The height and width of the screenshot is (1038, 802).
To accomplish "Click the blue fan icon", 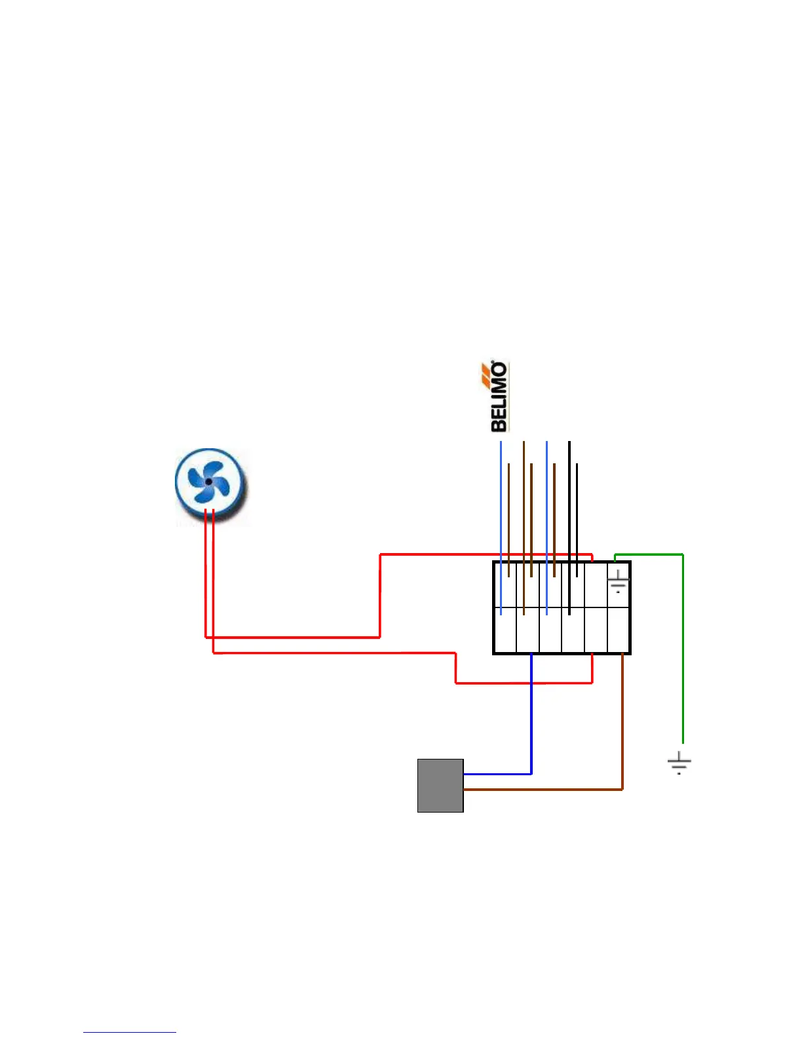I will click(x=210, y=484).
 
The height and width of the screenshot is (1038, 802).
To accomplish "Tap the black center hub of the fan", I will click(x=208, y=482).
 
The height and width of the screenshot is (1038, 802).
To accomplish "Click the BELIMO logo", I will click(x=499, y=397).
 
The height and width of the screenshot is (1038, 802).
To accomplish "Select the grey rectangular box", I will click(x=440, y=786).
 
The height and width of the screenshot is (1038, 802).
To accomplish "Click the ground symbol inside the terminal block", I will click(x=618, y=581).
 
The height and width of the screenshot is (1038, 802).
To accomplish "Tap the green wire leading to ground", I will click(x=683, y=649).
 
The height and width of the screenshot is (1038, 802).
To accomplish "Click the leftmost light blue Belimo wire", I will click(x=501, y=524).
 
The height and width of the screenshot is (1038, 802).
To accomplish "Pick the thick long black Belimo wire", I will click(x=569, y=524).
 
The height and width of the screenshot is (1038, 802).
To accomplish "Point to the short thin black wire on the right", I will click(x=577, y=518).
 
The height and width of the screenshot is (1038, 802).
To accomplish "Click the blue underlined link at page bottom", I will click(x=130, y=1032).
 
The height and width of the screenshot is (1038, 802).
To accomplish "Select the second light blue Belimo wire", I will click(x=546, y=524).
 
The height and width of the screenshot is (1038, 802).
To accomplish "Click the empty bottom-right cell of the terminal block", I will click(x=619, y=630).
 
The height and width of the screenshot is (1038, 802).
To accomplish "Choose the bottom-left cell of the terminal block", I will click(x=505, y=630).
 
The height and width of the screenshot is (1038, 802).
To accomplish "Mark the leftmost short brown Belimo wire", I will click(x=508, y=518).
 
